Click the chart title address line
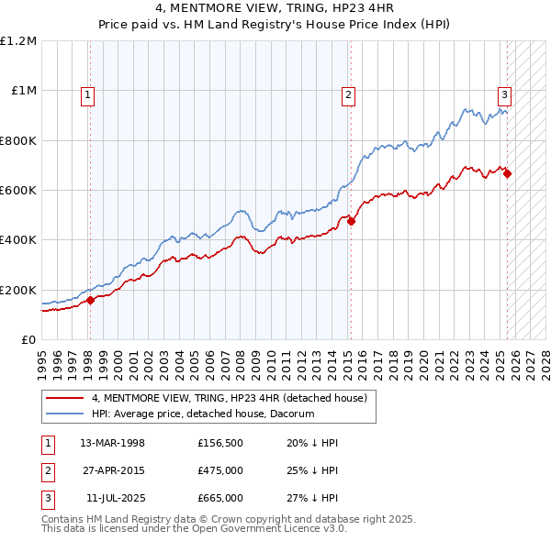pyautogui.click(x=275, y=8)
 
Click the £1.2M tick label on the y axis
pyautogui.click(x=18, y=41)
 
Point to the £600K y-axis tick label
pyautogui.click(x=17, y=191)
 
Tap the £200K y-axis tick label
pyautogui.click(x=17, y=290)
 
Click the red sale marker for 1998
pyautogui.click(x=91, y=300)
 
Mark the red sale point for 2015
pyautogui.click(x=351, y=221)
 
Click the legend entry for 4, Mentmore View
pyautogui.click(x=229, y=398)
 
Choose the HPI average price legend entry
pyautogui.click(x=202, y=414)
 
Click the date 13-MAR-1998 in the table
pyautogui.click(x=112, y=443)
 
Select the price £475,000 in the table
pyautogui.click(x=219, y=470)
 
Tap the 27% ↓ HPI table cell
pyautogui.click(x=312, y=498)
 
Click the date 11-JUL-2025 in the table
pyautogui.click(x=112, y=498)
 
